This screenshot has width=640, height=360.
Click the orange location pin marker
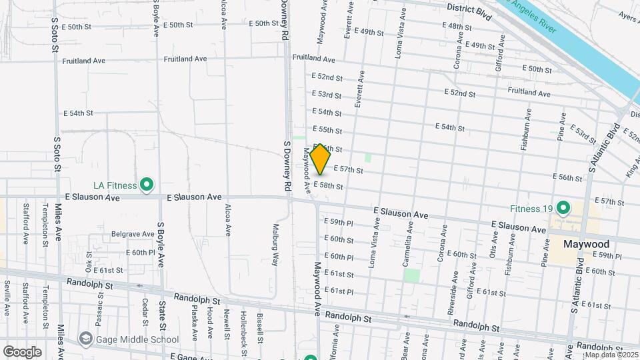320,159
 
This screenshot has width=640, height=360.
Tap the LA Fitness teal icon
148,185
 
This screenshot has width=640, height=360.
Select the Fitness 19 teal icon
563,208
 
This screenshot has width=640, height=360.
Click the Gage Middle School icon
85,339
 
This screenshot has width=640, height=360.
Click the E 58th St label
329,186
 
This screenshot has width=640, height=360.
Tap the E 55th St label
327,130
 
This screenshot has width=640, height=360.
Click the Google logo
22,351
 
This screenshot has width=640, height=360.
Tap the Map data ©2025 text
611,354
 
